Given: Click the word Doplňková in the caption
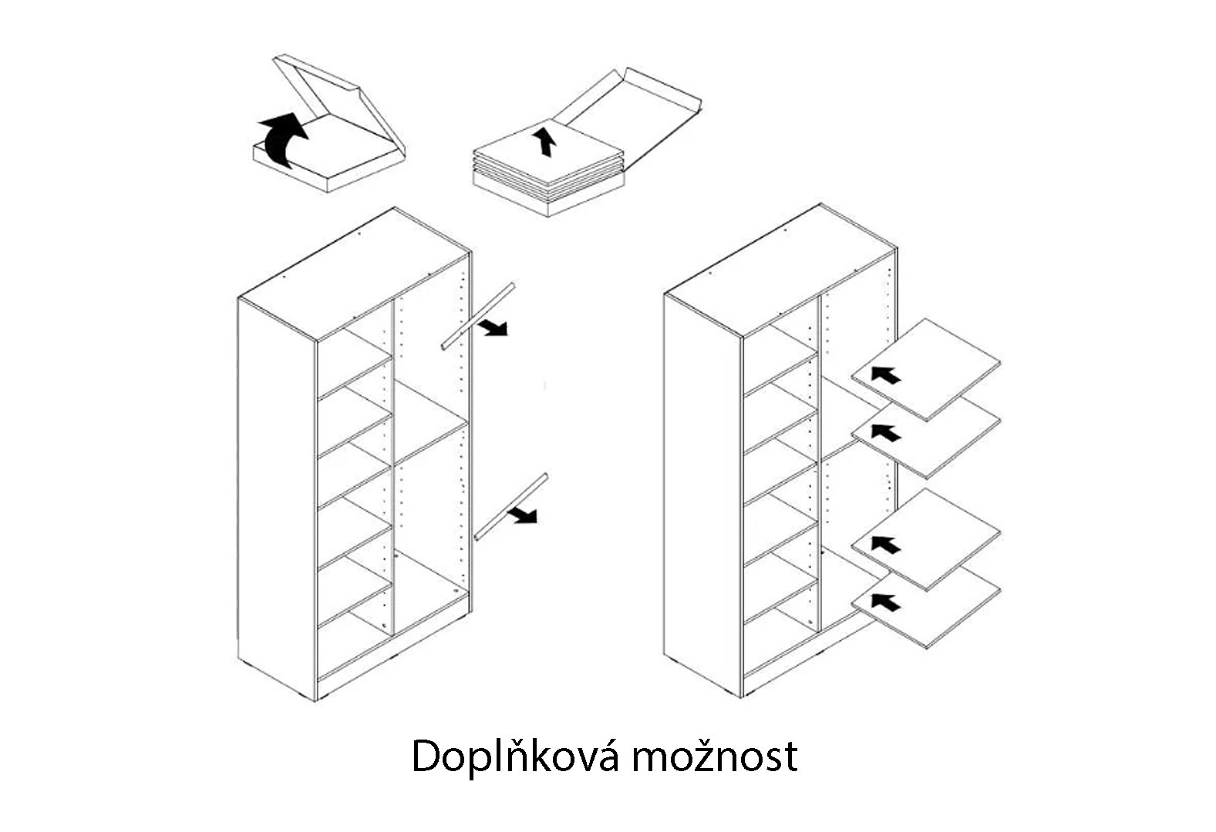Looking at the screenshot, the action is click(x=514, y=756).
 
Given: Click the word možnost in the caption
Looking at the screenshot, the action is click(x=714, y=756).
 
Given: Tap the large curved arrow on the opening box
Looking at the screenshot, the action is click(x=282, y=140).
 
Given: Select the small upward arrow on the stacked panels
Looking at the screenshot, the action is click(x=544, y=141).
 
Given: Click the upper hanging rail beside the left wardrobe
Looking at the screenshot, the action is click(x=478, y=316).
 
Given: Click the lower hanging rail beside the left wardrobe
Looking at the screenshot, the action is click(x=510, y=507).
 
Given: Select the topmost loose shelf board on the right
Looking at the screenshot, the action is click(x=925, y=370).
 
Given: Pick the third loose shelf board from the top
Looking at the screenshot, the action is click(x=925, y=540).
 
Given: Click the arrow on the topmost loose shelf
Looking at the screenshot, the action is click(x=886, y=374).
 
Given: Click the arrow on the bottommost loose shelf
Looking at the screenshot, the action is click(x=886, y=602).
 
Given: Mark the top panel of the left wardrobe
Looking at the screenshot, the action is click(x=354, y=274).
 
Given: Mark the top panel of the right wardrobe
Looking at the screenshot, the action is click(x=780, y=270).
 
